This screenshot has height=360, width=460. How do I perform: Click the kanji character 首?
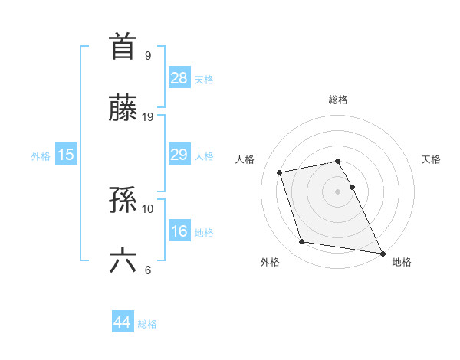[x=123, y=47]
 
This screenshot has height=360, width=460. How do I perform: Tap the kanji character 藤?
[x=123, y=109]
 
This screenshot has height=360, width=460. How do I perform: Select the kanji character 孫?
[x=123, y=201]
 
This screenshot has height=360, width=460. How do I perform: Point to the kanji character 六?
[x=123, y=261]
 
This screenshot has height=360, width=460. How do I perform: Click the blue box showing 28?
[x=179, y=77]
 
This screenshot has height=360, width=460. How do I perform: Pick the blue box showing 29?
[x=179, y=154]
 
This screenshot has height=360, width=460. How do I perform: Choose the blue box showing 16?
[x=179, y=231]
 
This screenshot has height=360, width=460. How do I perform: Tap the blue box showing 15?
[x=65, y=154]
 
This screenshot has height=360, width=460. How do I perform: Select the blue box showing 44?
[x=122, y=322]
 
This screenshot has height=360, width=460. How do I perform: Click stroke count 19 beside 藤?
[x=148, y=117]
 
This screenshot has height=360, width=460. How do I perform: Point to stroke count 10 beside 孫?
[x=148, y=208]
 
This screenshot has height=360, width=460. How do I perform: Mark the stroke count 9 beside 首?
[x=148, y=55]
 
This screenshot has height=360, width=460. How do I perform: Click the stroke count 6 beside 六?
[x=148, y=270]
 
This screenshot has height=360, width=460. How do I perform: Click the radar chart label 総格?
[x=338, y=100]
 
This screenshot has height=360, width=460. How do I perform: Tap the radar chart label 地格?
[x=402, y=262]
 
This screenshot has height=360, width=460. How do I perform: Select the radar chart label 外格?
[x=270, y=262]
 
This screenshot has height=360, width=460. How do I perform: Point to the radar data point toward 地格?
[x=381, y=252]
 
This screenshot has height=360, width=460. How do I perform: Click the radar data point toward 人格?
[x=280, y=172]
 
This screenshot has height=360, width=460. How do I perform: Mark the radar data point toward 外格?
[x=302, y=242]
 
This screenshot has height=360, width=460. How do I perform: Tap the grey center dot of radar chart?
[x=338, y=191]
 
